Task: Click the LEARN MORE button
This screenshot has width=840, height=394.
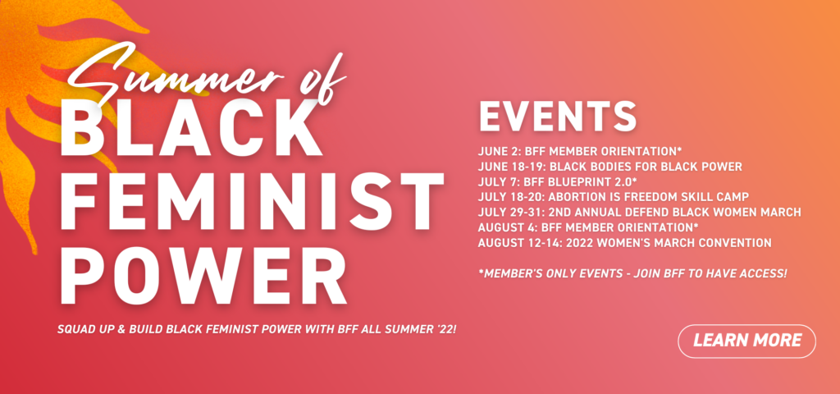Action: (746, 341)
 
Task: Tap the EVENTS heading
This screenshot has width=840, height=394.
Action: (558, 116)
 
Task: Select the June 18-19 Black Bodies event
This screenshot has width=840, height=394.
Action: (610, 167)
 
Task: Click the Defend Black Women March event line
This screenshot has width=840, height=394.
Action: (640, 213)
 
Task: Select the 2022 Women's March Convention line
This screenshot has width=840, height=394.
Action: (624, 243)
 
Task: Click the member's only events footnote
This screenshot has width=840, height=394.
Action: (632, 273)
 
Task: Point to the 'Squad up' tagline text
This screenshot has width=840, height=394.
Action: (257, 328)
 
